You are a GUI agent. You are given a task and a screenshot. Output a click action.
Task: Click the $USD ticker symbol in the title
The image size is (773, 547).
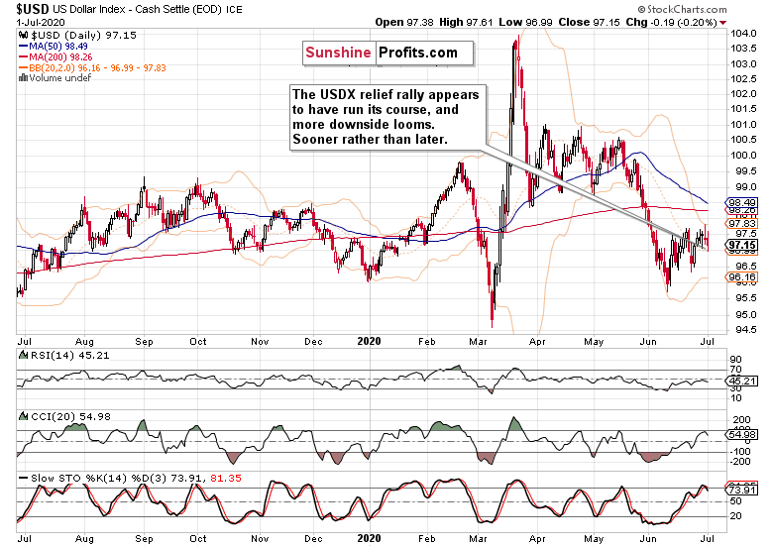(24, 7)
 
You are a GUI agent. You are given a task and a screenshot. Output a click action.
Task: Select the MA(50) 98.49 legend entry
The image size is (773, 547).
(58, 46)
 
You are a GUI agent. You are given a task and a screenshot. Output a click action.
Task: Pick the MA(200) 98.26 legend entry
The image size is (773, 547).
(61, 56)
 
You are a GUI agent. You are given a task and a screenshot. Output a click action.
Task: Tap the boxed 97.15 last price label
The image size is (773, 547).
(743, 245)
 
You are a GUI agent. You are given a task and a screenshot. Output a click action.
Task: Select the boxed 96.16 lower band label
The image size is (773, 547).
(743, 278)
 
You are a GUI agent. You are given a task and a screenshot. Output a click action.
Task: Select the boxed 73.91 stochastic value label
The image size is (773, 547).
(743, 489)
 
